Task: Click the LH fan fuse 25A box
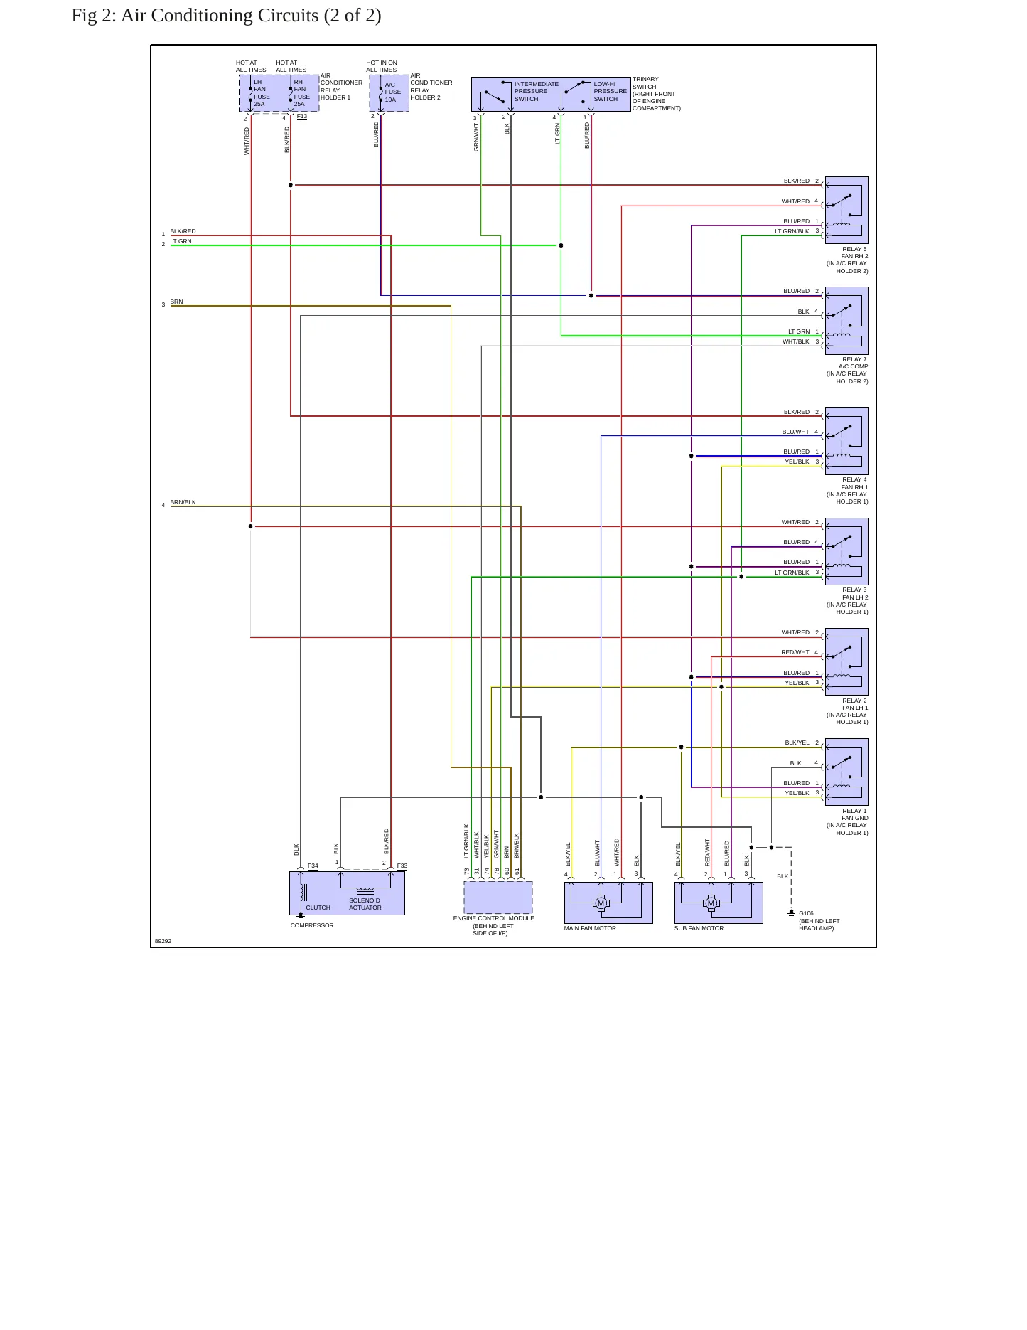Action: pyautogui.click(x=259, y=93)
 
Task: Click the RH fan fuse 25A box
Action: pyautogui.click(x=299, y=93)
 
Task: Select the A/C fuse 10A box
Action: pyautogui.click(x=389, y=93)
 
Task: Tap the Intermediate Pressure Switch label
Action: pyautogui.click(x=536, y=92)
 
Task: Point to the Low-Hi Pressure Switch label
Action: pyautogui.click(x=611, y=92)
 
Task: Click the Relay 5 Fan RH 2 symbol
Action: pyautogui.click(x=846, y=211)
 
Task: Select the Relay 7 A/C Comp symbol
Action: pyautogui.click(x=846, y=321)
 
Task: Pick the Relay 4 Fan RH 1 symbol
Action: pyautogui.click(x=846, y=441)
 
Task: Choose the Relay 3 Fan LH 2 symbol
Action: pyautogui.click(x=846, y=552)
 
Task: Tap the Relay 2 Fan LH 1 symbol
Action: pyautogui.click(x=846, y=662)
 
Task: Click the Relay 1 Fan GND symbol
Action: pyautogui.click(x=846, y=772)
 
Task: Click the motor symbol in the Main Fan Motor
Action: pyautogui.click(x=601, y=903)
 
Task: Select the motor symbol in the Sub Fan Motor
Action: pyautogui.click(x=711, y=903)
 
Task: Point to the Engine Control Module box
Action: pyautogui.click(x=498, y=898)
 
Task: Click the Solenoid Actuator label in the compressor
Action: pyautogui.click(x=365, y=904)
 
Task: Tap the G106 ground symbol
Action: pyautogui.click(x=791, y=913)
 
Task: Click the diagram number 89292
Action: pyautogui.click(x=163, y=941)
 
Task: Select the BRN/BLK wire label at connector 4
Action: pyautogui.click(x=183, y=502)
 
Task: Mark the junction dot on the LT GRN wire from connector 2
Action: pyautogui.click(x=561, y=245)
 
